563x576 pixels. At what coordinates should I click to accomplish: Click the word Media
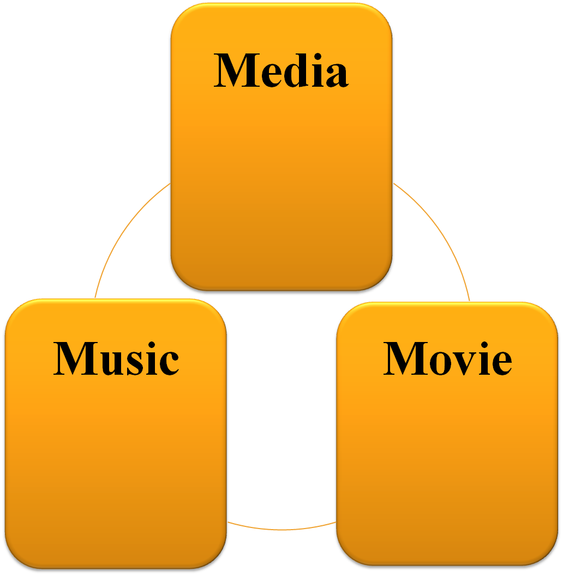click(281, 71)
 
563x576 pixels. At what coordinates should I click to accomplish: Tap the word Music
click(116, 358)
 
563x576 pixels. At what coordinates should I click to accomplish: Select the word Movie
click(447, 358)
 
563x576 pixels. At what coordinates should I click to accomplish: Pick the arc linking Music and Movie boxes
click(281, 529)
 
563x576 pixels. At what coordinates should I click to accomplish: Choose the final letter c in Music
click(167, 362)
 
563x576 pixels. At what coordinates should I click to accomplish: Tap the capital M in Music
click(74, 358)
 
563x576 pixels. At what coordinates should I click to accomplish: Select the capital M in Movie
click(404, 358)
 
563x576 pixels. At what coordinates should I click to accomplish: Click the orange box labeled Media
click(281, 180)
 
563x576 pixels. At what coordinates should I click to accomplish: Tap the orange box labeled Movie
click(447, 464)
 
